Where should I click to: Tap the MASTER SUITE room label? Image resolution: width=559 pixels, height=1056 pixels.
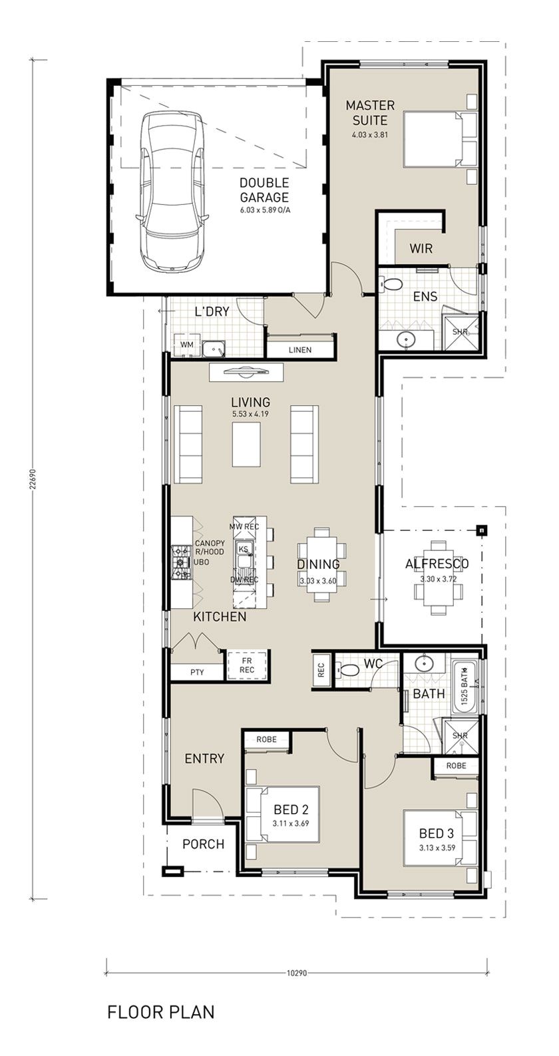click(369, 112)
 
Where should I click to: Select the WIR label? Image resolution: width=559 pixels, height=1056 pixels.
click(421, 249)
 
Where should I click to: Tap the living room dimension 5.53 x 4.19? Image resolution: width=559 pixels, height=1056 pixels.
click(250, 415)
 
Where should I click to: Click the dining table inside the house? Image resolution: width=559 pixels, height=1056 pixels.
click(321, 564)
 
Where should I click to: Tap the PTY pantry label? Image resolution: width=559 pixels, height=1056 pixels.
click(196, 672)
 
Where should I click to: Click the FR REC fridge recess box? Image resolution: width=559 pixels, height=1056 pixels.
click(246, 665)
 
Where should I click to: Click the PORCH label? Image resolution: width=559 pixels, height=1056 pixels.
click(203, 844)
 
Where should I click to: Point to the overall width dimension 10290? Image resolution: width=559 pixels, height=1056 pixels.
click(296, 973)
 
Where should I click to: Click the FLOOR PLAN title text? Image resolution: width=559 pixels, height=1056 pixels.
click(160, 1012)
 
